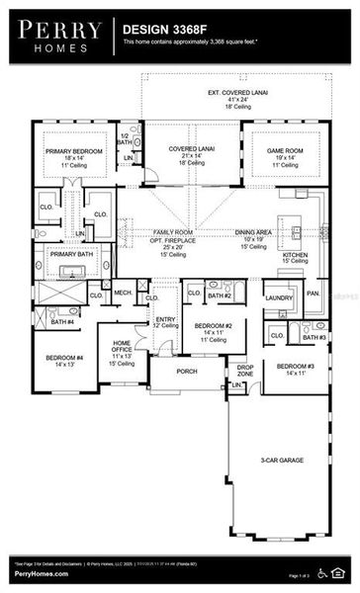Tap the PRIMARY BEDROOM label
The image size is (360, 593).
(67, 151)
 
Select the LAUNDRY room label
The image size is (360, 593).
(279, 296)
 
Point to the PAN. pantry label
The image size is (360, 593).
(314, 293)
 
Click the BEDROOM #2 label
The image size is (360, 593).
(213, 327)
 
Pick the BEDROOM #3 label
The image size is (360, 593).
(296, 368)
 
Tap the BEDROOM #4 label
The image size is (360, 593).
(64, 359)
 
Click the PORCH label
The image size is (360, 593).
(187, 372)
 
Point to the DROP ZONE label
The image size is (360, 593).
(245, 371)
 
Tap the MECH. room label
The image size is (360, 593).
(124, 294)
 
